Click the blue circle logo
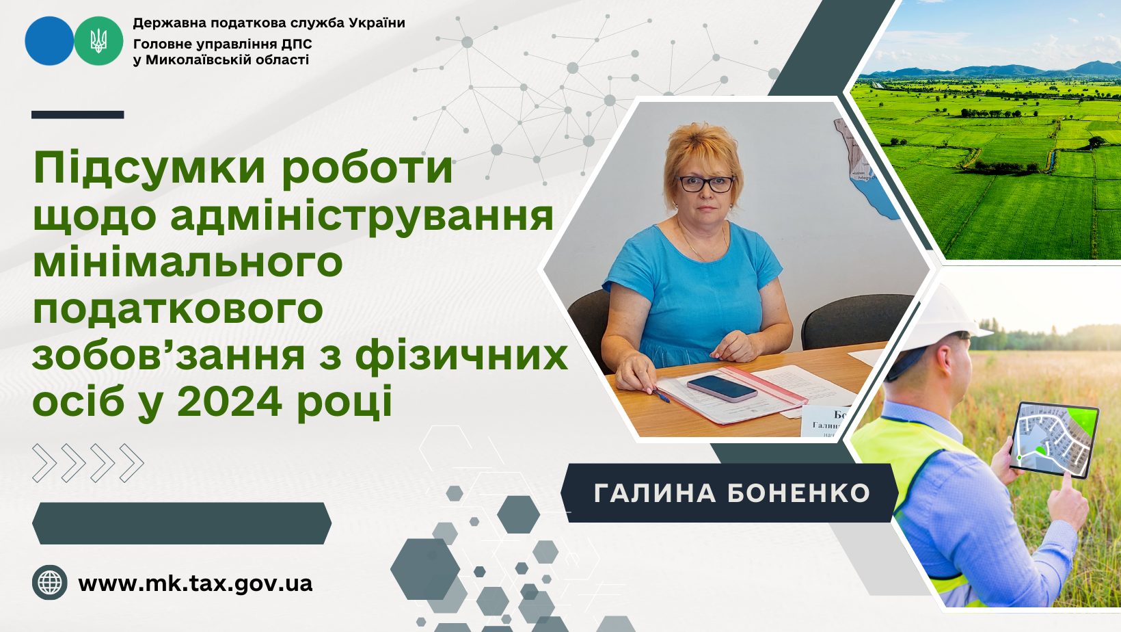[49, 41]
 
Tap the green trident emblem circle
[98, 41]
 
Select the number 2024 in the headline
[230, 401]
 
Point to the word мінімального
[187, 262]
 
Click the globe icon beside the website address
[50, 583]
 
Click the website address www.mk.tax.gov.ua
[195, 583]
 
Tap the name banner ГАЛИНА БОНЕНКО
[731, 493]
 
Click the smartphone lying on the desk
[722, 387]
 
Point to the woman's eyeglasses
[705, 184]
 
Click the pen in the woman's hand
[661, 395]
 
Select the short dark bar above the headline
[77, 115]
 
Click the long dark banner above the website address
[181, 523]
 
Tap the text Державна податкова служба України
[269, 23]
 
